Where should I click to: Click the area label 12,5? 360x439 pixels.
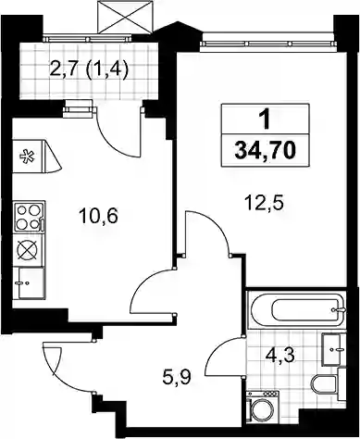(264, 204)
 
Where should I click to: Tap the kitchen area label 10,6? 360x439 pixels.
(98, 216)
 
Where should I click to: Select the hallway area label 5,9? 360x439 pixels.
(177, 377)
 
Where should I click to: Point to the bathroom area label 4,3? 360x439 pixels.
(280, 356)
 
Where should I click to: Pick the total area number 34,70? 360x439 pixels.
(266, 151)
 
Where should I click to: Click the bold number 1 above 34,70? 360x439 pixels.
(265, 120)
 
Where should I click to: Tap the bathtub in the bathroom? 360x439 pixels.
(296, 309)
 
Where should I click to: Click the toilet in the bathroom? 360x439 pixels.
(327, 384)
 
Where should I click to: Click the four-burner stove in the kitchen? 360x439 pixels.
(29, 217)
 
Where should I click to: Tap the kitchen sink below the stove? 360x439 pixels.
(30, 283)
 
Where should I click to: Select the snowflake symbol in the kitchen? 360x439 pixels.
(27, 157)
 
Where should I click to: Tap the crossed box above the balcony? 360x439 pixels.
(125, 17)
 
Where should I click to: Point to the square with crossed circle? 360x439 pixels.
(29, 250)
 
